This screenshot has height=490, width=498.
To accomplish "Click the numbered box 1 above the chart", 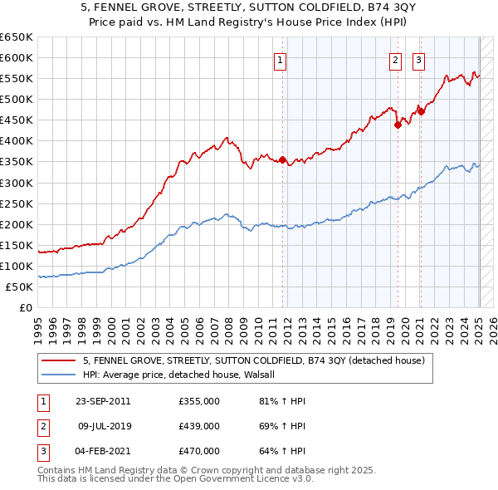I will coord(281,60).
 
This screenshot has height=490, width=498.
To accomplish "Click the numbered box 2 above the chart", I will coord(396,60).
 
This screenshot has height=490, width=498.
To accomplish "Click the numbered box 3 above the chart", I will coord(418,60).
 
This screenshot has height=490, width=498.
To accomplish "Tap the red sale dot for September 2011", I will coord(283,159).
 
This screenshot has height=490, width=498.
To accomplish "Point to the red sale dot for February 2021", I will coord(421,111).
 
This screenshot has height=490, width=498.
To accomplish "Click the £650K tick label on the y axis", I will coord(17,37).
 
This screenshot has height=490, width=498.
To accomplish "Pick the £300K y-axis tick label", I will coord(17,183).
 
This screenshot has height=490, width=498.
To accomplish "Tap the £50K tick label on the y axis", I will coord(19,287).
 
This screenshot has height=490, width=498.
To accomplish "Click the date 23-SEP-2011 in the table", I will coord(104,401).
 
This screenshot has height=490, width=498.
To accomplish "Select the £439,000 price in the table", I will coord(198,426).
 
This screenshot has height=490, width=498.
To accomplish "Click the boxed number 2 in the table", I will coord(41,426).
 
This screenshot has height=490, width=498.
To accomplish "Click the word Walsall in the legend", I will coord(267,375).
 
